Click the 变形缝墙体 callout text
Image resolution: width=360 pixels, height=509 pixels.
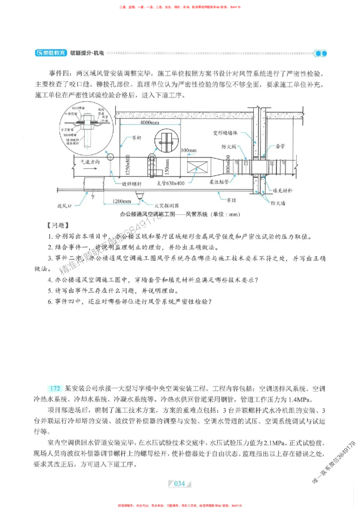click(x=228, y=134)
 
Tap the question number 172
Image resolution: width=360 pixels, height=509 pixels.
click(x=55, y=388)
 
